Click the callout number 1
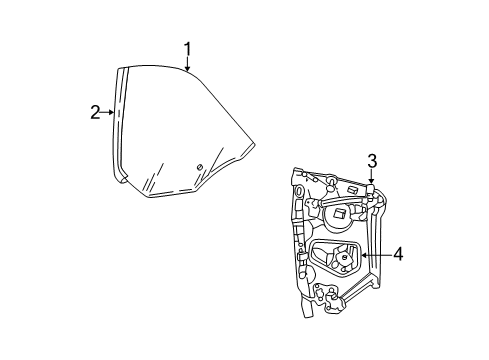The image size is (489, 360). [187, 48]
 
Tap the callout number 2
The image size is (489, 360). [95, 112]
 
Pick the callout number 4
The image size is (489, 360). [398, 255]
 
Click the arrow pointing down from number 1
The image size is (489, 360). [187, 65]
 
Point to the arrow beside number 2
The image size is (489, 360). [109, 112]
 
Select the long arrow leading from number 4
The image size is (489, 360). [374, 255]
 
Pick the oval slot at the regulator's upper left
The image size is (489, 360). [299, 189]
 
